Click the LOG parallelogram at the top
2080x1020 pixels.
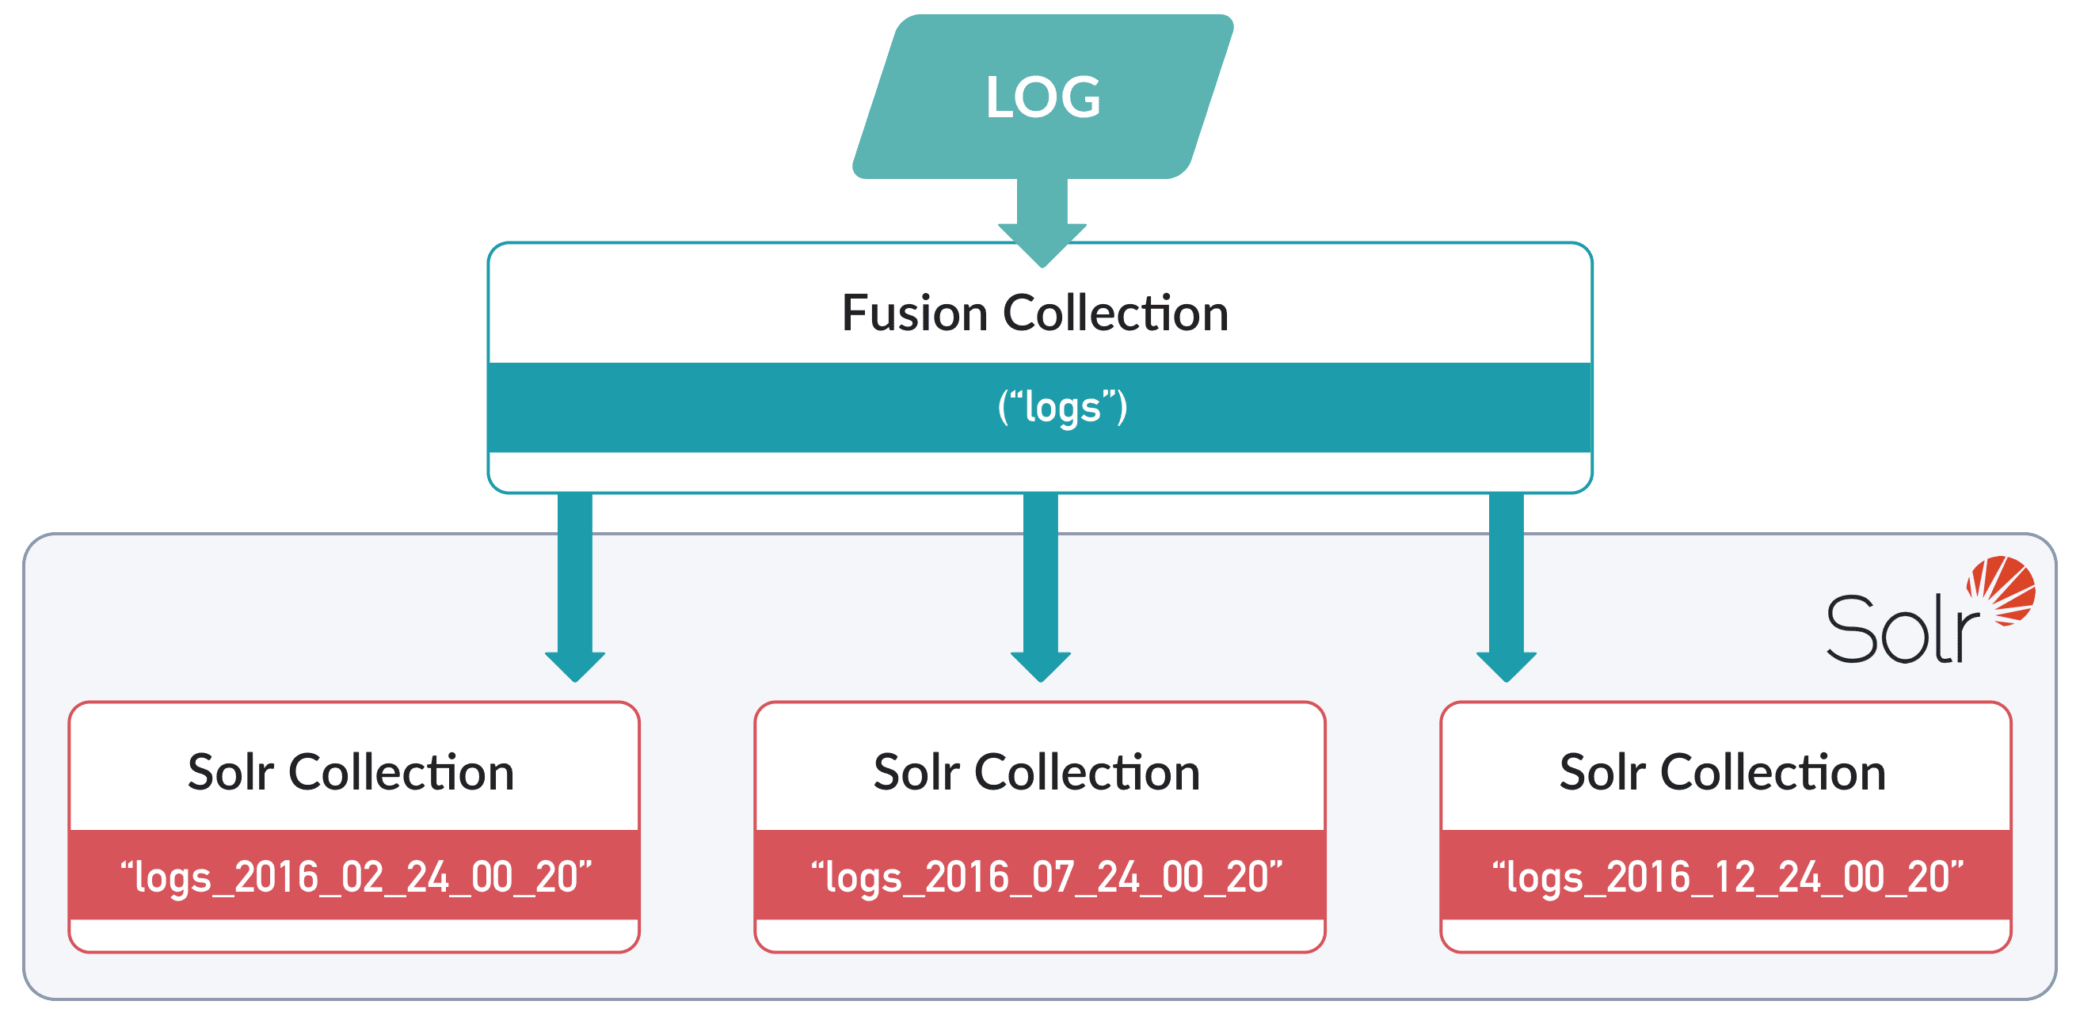point(1042,97)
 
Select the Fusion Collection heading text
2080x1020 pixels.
point(1035,314)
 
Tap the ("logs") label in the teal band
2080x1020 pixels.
point(1062,407)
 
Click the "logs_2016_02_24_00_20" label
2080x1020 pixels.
point(356,877)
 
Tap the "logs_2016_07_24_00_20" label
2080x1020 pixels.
point(1046,877)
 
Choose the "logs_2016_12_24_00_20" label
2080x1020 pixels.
point(1728,877)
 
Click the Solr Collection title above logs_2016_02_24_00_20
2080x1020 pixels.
point(351,773)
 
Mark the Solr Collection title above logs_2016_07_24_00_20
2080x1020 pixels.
point(1037,773)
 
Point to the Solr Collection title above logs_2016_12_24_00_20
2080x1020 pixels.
point(1722,773)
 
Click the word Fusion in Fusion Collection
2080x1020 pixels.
point(915,314)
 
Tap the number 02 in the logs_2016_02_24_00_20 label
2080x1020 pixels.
point(362,877)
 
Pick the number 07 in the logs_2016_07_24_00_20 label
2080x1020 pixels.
point(1052,877)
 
